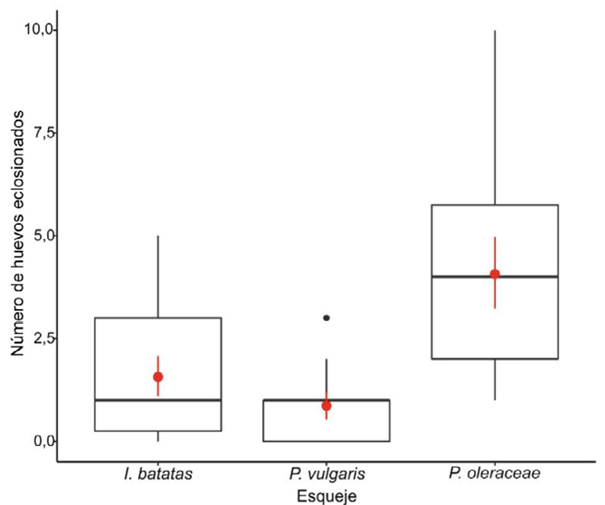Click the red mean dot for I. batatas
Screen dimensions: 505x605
pos(158,377)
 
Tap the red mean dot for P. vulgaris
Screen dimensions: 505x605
pos(326,405)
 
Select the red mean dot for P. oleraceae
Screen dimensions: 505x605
pos(494,274)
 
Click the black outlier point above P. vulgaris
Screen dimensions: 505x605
pos(326,318)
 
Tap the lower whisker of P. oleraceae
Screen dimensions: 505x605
pos(494,379)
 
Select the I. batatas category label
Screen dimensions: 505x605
pos(158,475)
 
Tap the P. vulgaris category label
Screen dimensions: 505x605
pos(326,475)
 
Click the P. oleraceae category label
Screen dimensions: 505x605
pos(494,475)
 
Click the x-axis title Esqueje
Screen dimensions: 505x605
pos(326,494)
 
